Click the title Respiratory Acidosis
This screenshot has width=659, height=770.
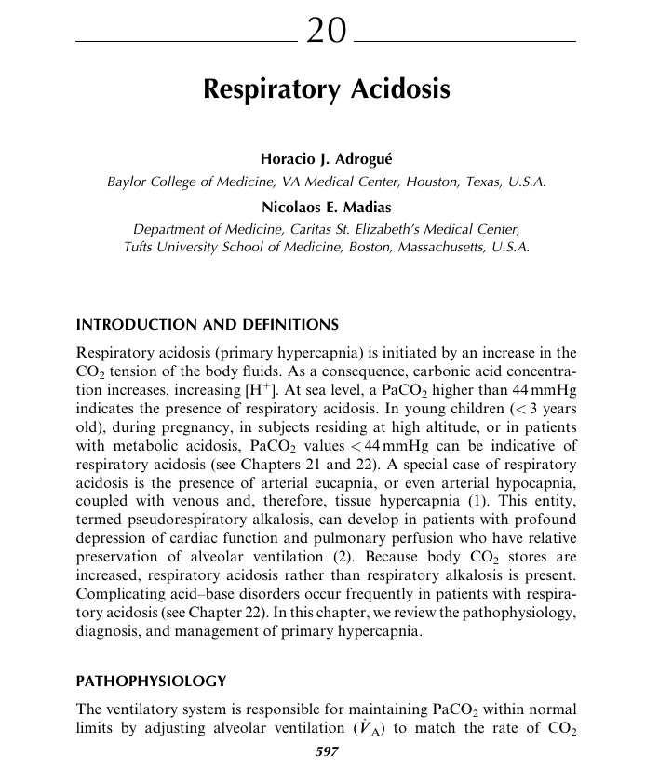(327, 90)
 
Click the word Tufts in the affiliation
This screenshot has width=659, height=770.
(141, 248)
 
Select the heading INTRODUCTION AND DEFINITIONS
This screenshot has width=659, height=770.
(207, 325)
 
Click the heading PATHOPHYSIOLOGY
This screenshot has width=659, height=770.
(150, 681)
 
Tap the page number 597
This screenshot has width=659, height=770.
(327, 751)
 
